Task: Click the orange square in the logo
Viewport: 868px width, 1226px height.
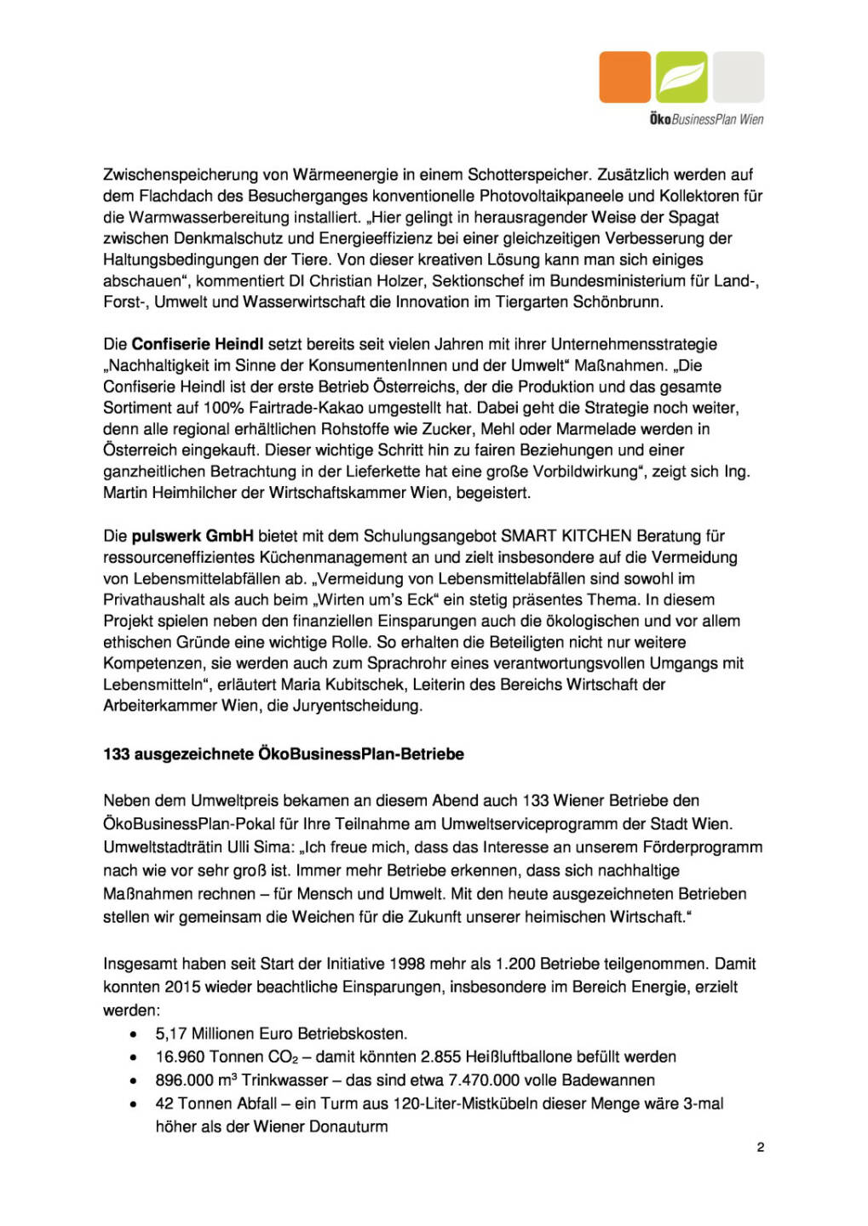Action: (624, 77)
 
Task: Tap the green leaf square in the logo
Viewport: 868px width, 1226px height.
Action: (681, 77)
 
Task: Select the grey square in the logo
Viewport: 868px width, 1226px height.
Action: (739, 77)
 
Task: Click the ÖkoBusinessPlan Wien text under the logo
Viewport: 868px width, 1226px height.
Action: (706, 119)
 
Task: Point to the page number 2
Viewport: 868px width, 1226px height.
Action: (761, 1147)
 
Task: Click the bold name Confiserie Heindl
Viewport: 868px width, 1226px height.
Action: (197, 344)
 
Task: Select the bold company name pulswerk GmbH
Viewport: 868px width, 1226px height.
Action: (193, 536)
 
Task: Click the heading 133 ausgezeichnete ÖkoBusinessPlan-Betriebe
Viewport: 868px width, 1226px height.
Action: (284, 753)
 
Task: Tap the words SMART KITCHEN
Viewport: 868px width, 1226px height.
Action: (566, 536)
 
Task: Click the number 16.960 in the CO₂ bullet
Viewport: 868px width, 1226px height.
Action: (180, 1057)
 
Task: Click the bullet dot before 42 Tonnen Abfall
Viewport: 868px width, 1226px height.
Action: (134, 1103)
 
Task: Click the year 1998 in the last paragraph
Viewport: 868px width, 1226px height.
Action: (408, 964)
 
